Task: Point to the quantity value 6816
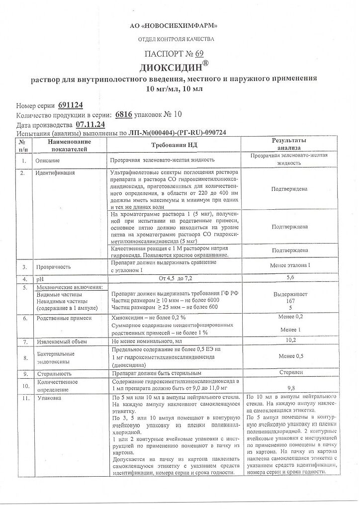click(x=123, y=114)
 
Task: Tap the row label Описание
click(x=47, y=161)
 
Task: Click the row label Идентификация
click(x=55, y=173)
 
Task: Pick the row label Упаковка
click(x=47, y=399)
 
